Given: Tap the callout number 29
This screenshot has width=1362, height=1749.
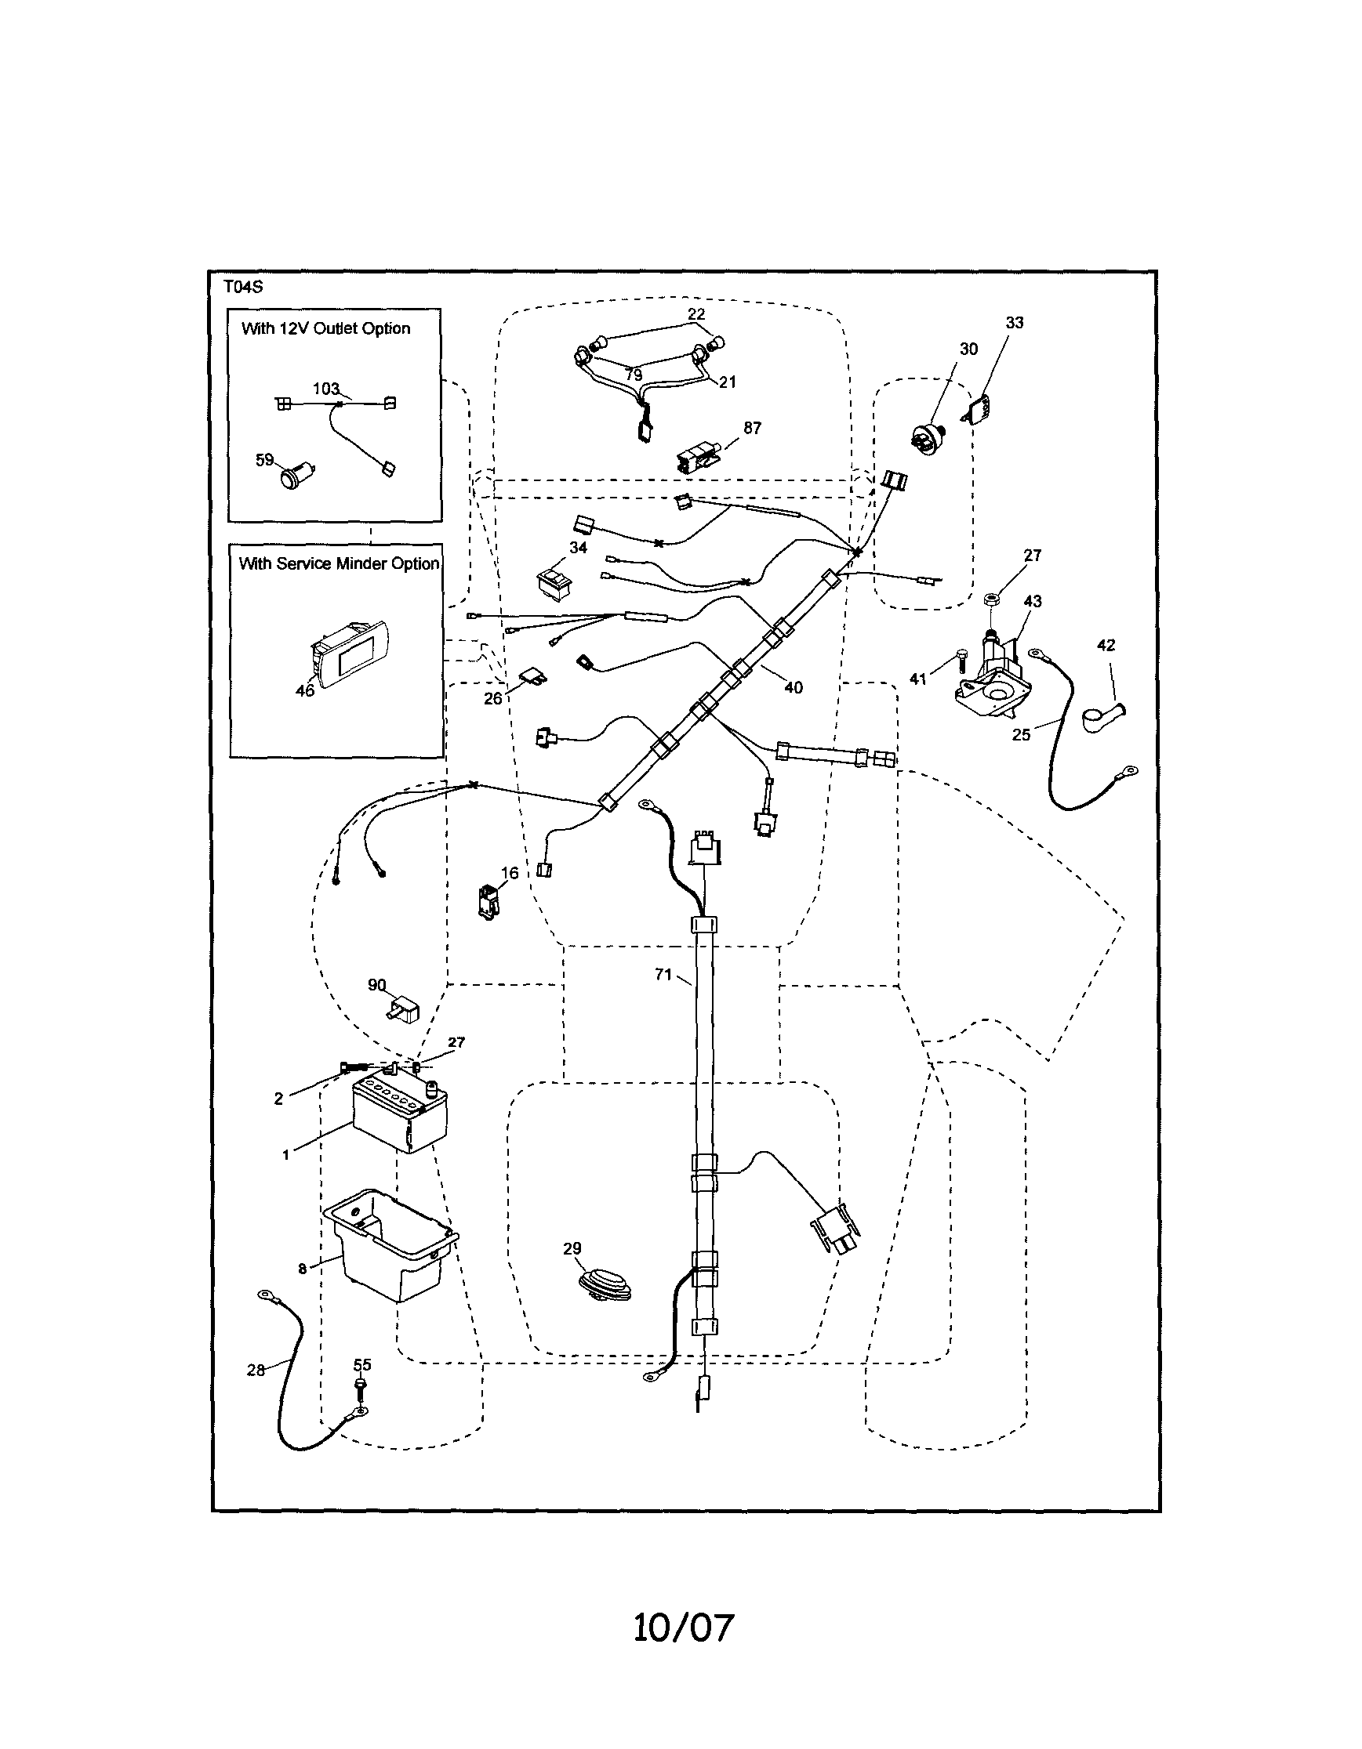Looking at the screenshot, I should pos(572,1248).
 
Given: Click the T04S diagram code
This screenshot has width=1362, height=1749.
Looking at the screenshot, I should pos(243,287).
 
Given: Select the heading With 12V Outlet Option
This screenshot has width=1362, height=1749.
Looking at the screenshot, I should pos(325,328).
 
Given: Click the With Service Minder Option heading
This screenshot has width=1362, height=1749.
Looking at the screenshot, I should pos(339,563).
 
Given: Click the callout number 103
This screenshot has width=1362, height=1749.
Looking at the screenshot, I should pos(326,389).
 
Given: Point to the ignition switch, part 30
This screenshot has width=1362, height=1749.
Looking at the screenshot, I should pos(929,436).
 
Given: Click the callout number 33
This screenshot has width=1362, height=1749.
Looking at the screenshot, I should pos(1015,323).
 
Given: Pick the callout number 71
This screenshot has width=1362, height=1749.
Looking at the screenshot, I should pos(663,975).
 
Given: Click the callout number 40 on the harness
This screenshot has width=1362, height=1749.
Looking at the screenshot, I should pos(794,687).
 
